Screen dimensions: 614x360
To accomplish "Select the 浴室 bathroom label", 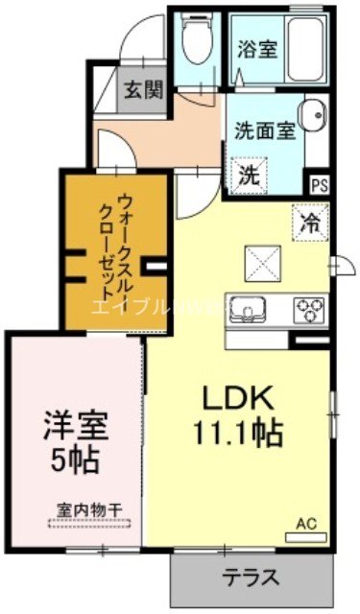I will pos(258,47).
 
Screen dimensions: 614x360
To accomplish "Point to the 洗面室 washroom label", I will pos(263,132).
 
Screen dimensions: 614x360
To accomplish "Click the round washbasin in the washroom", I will pos(311,118).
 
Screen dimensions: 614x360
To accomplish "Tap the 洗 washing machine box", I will pos(250,176).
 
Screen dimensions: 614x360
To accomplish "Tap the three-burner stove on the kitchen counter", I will pos(309,309).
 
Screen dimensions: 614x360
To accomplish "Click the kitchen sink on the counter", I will pos(248,309).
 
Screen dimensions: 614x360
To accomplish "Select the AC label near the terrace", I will pos(305,524).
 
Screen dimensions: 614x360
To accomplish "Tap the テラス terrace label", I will pos(252,578).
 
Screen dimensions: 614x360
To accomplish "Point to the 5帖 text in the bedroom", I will pos(75,460).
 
